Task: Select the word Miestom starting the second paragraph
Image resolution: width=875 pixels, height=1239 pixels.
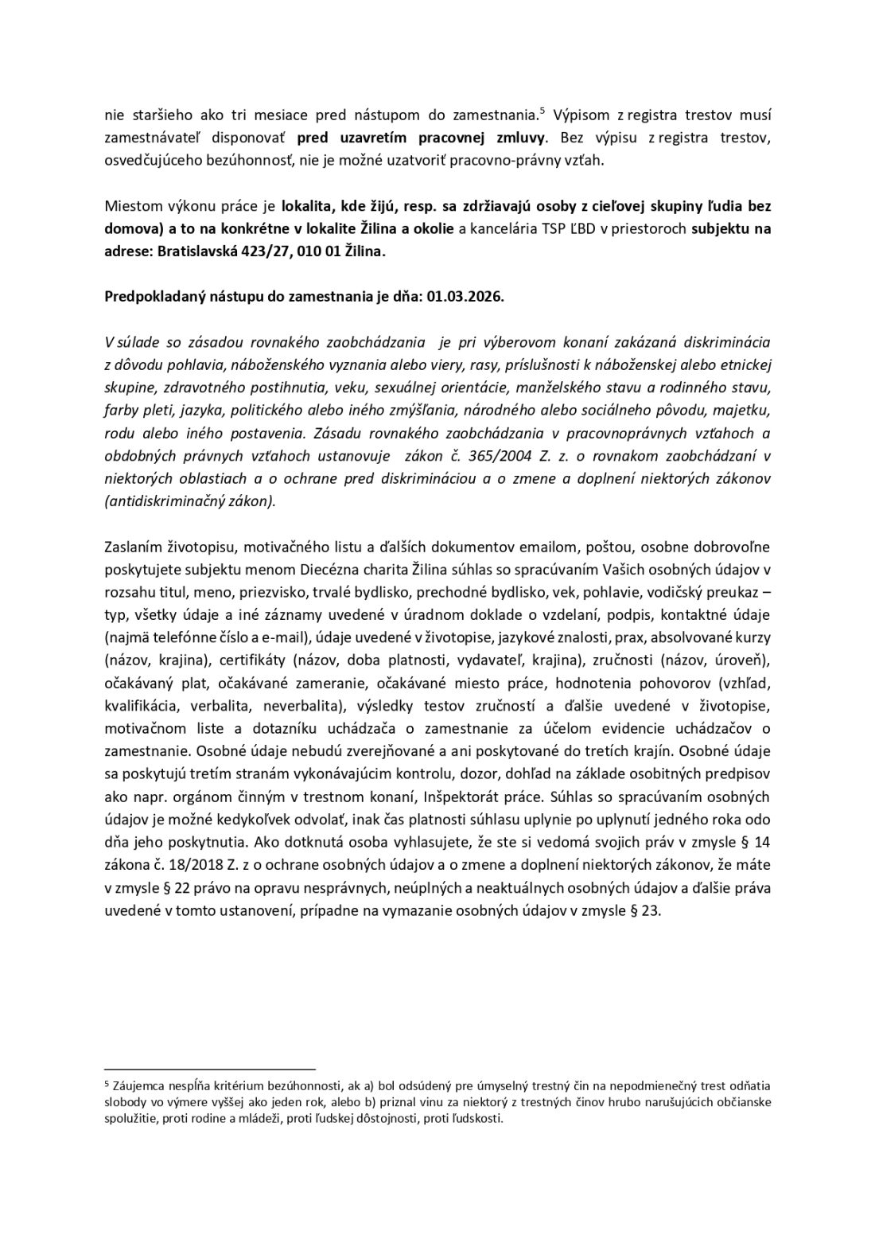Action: [x=130, y=205]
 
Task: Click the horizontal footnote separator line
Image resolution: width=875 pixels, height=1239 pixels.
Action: [x=210, y=1068]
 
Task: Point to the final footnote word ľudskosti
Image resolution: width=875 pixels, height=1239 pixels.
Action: [x=477, y=1118]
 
